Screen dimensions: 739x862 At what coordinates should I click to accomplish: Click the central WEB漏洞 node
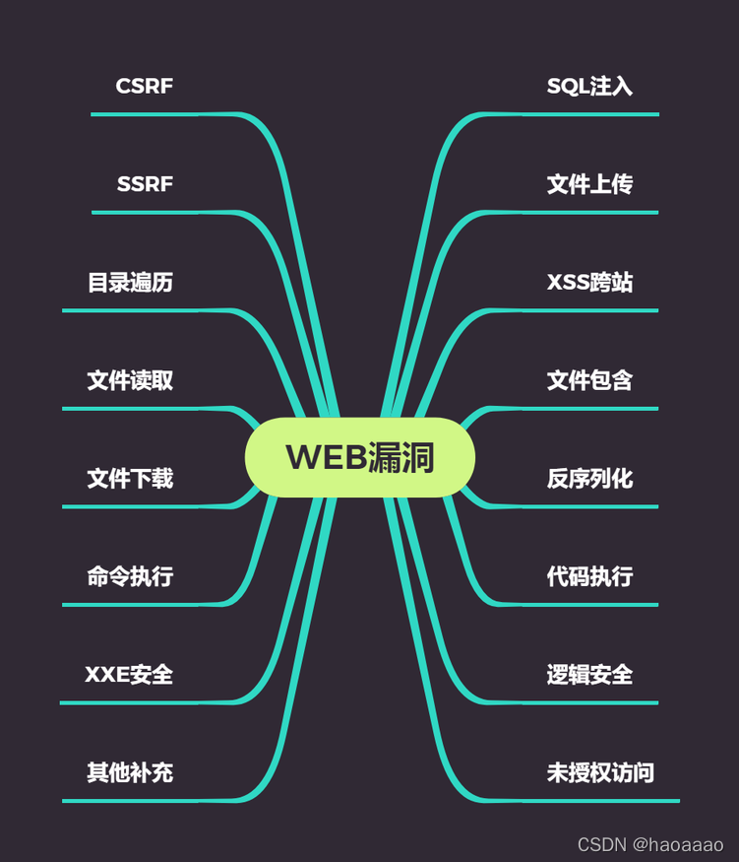point(360,457)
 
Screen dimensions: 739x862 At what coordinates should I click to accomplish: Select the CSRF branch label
point(145,86)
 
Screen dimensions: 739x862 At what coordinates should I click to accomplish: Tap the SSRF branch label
point(145,184)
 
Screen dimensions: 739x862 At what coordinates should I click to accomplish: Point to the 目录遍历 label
point(130,283)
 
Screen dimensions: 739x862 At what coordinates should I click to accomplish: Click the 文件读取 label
point(130,380)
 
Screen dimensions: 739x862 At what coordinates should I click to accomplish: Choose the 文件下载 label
point(130,479)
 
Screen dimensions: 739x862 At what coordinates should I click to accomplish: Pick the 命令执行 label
point(130,576)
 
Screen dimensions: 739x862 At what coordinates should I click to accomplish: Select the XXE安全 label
point(129,675)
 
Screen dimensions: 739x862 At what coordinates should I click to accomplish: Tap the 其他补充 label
point(130,772)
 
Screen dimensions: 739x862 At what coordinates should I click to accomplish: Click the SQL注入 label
point(589,86)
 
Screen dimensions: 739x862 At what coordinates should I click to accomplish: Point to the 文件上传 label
point(589,184)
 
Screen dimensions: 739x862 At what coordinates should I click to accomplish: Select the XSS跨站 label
point(589,283)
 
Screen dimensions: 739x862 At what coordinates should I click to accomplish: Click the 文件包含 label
point(589,380)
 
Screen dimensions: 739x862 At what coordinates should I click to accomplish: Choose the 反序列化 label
point(589,479)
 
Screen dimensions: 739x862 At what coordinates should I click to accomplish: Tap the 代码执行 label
point(589,576)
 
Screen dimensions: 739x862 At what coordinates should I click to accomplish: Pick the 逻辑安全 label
point(589,675)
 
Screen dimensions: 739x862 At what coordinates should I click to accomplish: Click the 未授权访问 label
point(600,772)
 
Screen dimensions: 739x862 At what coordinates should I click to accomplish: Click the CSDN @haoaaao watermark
point(650,844)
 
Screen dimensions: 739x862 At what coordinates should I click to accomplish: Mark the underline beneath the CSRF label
point(162,114)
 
